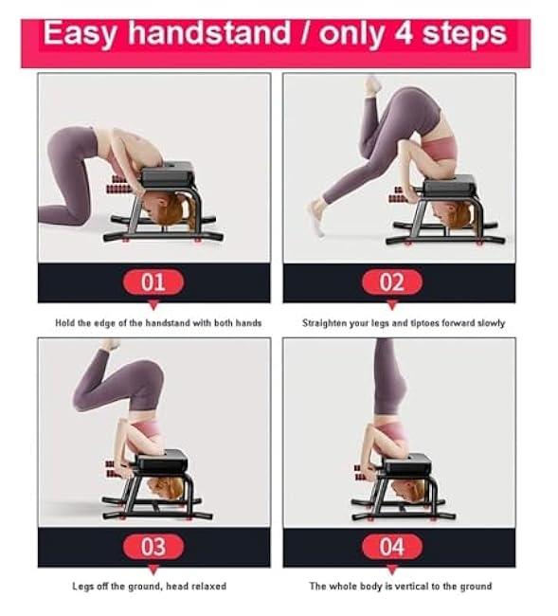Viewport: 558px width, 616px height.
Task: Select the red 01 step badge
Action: tap(153, 281)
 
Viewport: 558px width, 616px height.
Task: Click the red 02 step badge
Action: tap(391, 281)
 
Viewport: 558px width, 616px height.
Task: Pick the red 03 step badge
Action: tap(153, 546)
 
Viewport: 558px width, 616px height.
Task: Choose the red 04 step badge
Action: tap(391, 546)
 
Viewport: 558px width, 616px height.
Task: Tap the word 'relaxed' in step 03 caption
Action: tap(209, 587)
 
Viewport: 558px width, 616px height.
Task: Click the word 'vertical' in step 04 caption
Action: tap(402, 587)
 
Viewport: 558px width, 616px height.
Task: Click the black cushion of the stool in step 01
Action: tap(168, 173)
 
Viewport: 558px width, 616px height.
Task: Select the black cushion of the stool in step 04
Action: tap(405, 463)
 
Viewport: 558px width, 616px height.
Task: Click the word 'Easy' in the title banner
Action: tap(81, 35)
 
